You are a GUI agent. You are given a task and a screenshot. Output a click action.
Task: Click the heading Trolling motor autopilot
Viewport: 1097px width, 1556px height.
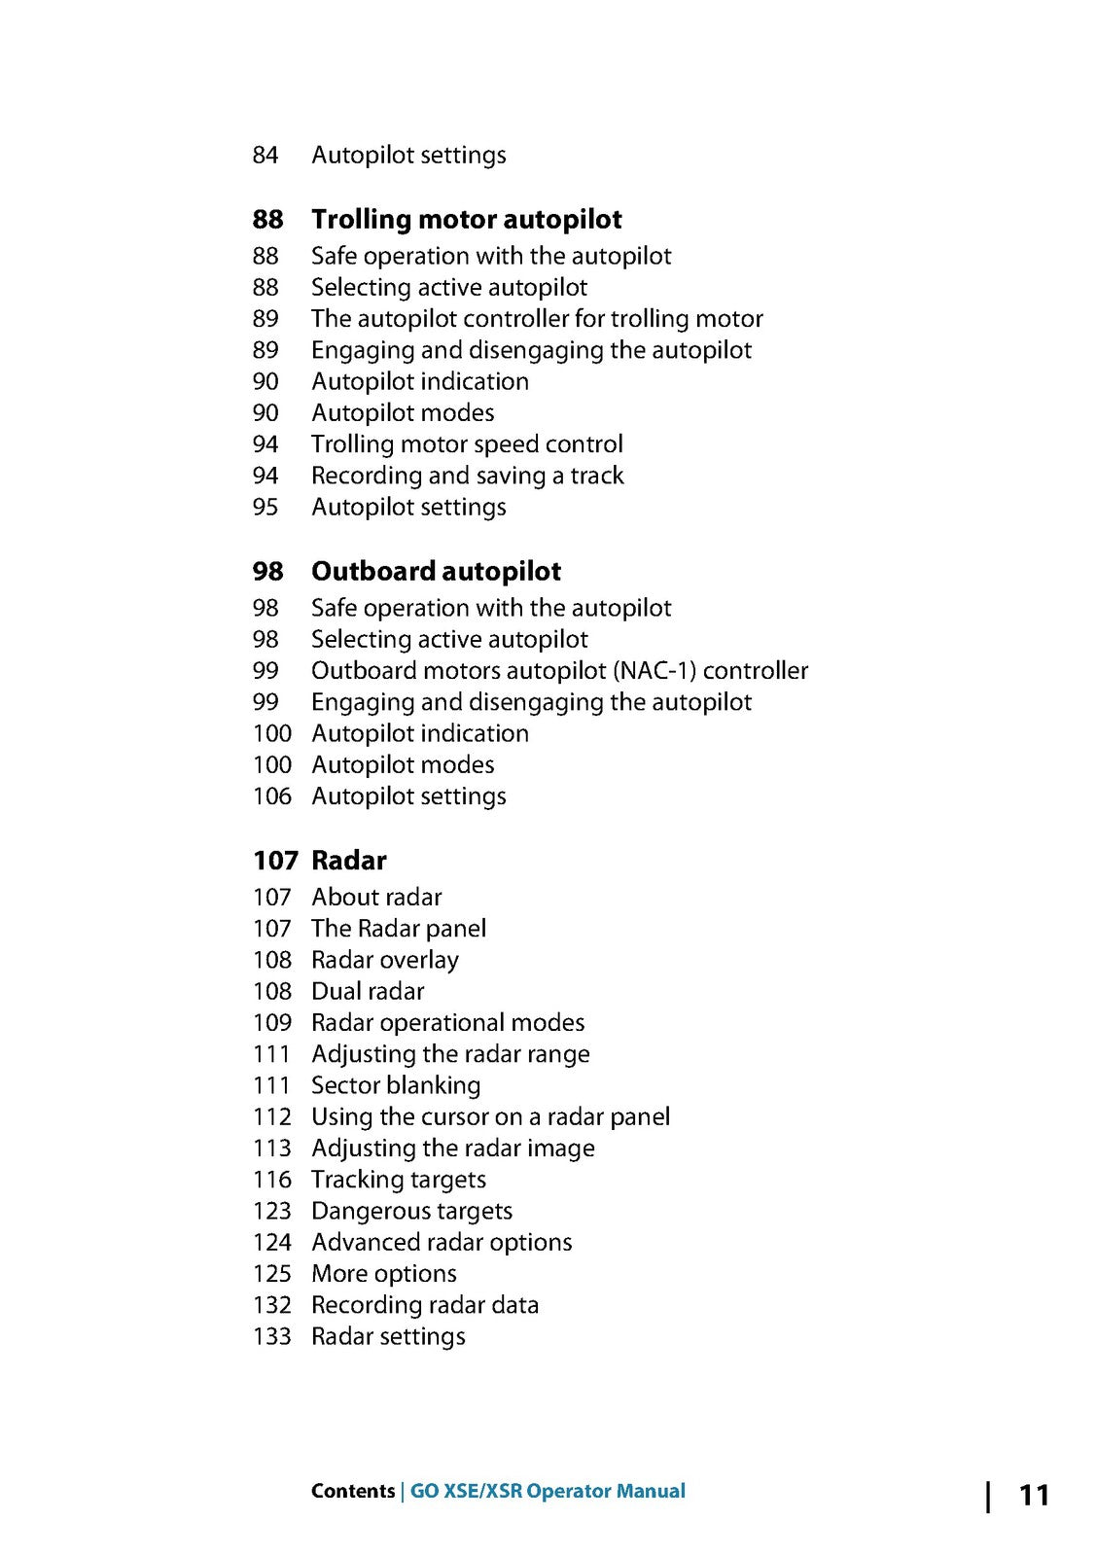[x=466, y=220]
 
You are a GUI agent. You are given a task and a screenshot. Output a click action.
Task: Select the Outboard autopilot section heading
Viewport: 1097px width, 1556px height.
[x=436, y=572]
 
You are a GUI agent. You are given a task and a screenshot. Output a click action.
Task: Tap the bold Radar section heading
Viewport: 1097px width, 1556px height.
[x=348, y=861]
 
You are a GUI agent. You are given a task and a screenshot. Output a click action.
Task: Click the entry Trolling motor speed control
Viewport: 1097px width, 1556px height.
[x=467, y=444]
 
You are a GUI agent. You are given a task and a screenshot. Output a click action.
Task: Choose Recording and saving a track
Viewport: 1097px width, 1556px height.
[x=467, y=476]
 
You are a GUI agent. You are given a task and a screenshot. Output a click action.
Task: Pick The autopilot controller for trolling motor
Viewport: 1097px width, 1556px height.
[x=537, y=319]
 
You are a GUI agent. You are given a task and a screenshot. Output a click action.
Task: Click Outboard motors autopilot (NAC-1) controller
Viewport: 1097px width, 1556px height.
[x=559, y=671]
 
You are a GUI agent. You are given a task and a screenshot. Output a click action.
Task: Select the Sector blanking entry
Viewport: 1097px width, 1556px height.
[x=396, y=1085]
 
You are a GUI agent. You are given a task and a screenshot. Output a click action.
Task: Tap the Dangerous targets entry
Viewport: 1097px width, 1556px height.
[x=411, y=1211]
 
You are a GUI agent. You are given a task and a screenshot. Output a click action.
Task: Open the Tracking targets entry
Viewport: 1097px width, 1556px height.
[x=399, y=1180]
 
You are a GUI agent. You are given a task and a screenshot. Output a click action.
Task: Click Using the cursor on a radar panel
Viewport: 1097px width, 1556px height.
[x=490, y=1116]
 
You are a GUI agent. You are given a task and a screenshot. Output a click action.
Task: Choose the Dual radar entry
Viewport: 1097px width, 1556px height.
[x=368, y=991]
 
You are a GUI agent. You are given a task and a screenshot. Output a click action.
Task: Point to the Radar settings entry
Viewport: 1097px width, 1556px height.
[x=388, y=1336]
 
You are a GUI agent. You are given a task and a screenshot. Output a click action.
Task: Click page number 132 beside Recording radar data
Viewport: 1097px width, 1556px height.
[x=272, y=1305]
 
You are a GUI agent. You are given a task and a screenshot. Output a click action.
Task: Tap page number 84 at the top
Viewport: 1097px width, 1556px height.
[x=265, y=156]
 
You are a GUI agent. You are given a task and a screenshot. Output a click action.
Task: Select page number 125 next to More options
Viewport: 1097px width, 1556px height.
[x=272, y=1274]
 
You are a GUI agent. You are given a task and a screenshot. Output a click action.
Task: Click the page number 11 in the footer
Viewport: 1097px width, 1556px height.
[x=1034, y=1495]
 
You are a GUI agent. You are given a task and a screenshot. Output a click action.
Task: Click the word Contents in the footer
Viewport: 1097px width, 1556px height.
[x=352, y=1491]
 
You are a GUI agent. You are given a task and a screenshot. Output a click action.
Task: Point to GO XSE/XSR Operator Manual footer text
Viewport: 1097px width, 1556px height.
[x=548, y=1491]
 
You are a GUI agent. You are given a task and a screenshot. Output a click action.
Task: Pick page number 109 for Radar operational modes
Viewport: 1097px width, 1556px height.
[x=272, y=1023]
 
